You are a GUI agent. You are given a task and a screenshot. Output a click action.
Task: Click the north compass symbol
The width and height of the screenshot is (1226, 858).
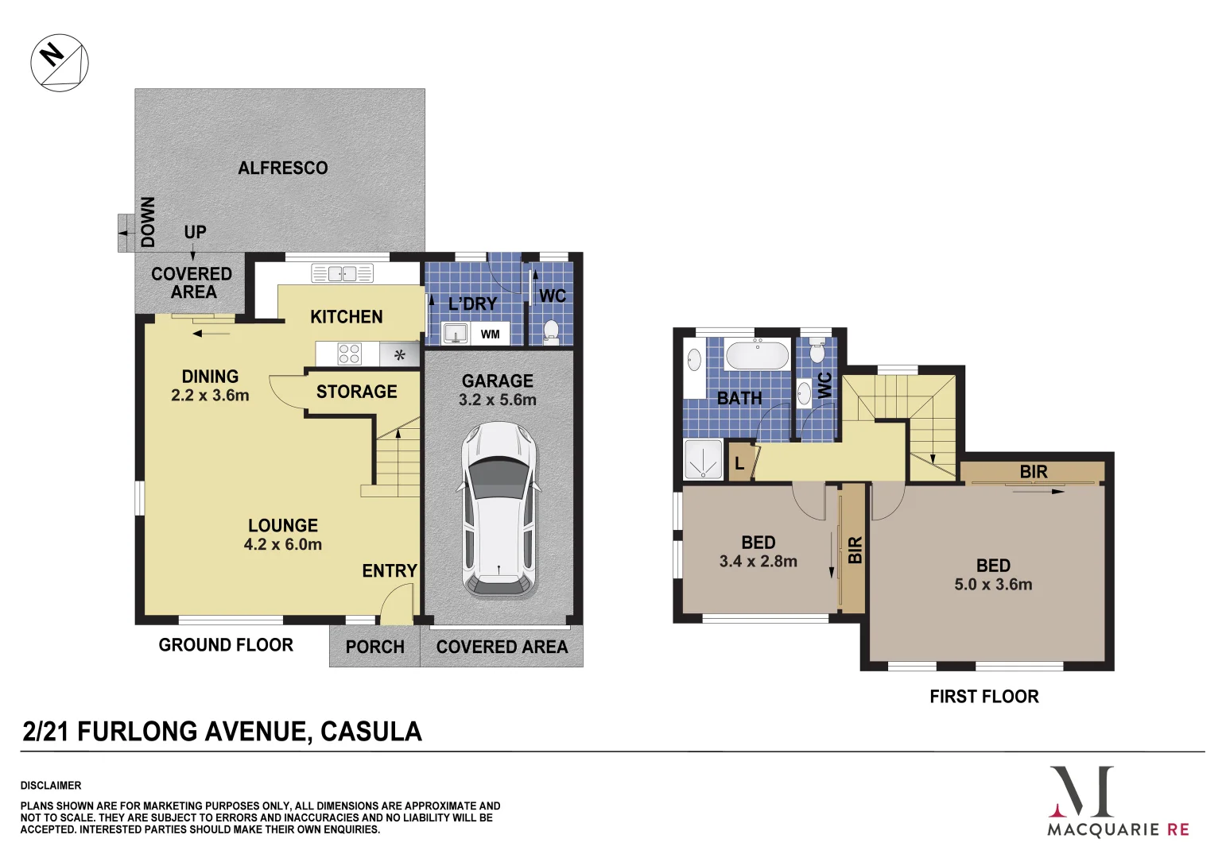click(x=60, y=63)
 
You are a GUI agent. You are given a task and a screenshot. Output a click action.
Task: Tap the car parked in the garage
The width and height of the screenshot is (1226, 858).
click(x=499, y=509)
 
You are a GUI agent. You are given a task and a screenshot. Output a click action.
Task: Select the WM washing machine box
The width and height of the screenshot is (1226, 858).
click(x=490, y=334)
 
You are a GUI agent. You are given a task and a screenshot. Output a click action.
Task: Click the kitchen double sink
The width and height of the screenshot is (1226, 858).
click(x=342, y=274)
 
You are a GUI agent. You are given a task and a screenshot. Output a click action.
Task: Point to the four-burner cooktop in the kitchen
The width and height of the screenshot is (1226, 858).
click(x=350, y=354)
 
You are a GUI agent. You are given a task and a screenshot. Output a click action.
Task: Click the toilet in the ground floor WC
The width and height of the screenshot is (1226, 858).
click(x=551, y=331)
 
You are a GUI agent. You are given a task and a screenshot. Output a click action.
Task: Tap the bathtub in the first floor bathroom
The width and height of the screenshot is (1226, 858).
click(x=757, y=354)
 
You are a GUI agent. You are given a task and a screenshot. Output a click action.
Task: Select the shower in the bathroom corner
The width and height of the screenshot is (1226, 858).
click(x=703, y=460)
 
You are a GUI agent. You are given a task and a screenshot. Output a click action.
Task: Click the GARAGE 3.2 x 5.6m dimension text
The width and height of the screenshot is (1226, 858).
click(x=498, y=400)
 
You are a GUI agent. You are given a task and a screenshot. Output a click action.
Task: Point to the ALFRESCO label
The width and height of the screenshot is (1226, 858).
click(x=283, y=168)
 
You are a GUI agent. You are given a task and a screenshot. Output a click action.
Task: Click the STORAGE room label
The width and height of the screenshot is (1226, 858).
click(x=356, y=392)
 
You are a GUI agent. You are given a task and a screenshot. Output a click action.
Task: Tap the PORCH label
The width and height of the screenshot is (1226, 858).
click(x=374, y=647)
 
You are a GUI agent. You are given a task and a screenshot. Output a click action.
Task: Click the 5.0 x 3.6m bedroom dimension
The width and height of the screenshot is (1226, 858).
click(x=993, y=585)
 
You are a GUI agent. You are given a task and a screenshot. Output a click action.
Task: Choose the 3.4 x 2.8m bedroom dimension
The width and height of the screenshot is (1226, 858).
click(x=758, y=562)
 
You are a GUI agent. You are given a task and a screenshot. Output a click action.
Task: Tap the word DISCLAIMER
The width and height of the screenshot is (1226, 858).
click(x=51, y=786)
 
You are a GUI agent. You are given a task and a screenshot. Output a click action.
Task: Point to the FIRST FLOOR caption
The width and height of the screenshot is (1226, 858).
click(x=984, y=697)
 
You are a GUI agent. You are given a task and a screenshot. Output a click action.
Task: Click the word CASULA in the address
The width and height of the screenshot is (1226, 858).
click(x=371, y=732)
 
